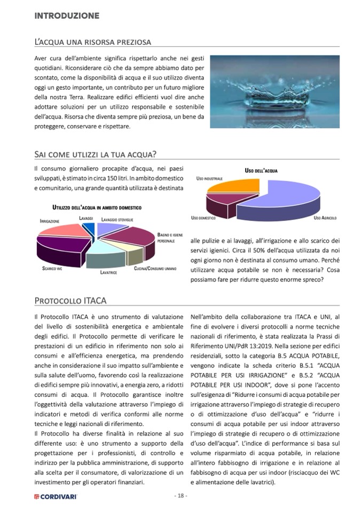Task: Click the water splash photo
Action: point(274,91)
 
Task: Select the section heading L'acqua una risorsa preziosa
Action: point(92,42)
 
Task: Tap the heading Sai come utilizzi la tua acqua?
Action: point(95,154)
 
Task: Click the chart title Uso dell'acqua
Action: point(261,170)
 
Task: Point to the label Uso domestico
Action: point(203,218)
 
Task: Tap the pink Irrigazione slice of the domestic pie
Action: point(63,231)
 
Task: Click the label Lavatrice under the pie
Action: point(109,272)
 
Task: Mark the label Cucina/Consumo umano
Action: point(155,268)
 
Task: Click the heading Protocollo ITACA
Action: point(70,301)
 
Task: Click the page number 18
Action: point(180,495)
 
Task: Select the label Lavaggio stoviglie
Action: point(117,219)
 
